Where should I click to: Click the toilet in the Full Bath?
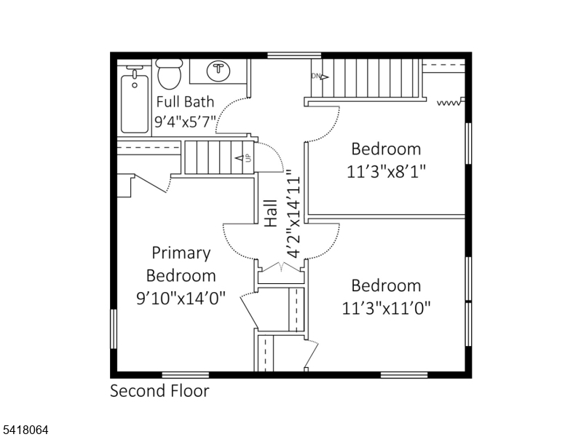[169, 74]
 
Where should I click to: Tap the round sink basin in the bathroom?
[218, 71]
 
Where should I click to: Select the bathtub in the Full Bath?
[135, 103]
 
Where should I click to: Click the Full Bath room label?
[185, 102]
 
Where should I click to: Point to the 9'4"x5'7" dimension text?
[185, 122]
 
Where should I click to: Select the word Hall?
[271, 213]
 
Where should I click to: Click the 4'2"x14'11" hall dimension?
[293, 215]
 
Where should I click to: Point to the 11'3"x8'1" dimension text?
[387, 172]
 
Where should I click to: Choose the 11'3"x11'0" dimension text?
[387, 308]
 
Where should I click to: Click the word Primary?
[181, 253]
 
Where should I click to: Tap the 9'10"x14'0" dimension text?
[181, 298]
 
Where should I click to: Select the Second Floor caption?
[159, 391]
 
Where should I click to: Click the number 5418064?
[25, 430]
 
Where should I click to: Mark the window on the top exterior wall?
[294, 55]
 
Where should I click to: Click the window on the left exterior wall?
[114, 328]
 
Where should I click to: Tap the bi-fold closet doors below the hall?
[281, 267]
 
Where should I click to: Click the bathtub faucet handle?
[135, 74]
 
